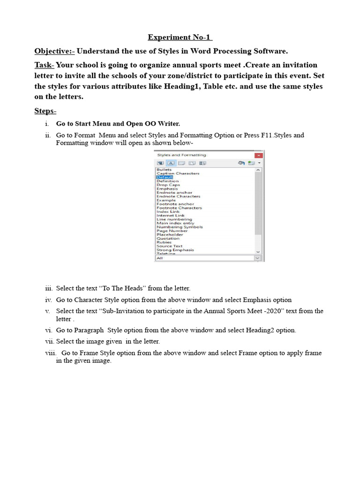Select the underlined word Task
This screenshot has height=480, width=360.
point(44,65)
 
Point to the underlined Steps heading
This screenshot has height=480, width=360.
point(45,111)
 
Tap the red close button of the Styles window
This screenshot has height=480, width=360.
point(258,155)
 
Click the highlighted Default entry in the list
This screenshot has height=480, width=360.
point(165,177)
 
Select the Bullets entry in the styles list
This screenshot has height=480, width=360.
point(164,169)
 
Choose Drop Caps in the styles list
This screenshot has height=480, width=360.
point(168,185)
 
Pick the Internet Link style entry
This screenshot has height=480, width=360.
point(171,215)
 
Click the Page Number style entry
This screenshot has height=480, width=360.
point(172,231)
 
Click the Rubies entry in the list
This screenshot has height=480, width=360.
point(164,242)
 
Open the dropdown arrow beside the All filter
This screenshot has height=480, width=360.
point(257,258)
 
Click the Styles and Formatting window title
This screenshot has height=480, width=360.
point(181,155)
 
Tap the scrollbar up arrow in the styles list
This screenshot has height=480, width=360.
point(258,170)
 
